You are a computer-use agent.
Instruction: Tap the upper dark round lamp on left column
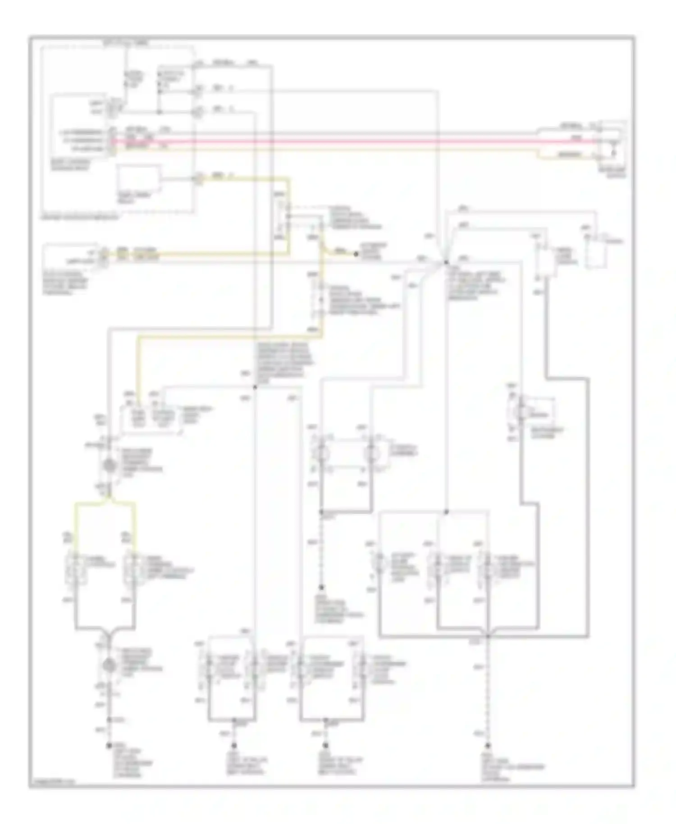tap(110, 466)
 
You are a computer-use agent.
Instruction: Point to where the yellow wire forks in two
tap(108, 500)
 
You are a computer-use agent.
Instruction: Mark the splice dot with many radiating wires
tap(446, 262)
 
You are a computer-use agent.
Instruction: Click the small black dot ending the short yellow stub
tap(356, 254)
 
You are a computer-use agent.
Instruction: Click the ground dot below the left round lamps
tap(109, 746)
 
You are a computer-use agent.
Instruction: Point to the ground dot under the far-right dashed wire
tap(488, 746)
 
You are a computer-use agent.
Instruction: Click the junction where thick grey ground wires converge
tap(488, 636)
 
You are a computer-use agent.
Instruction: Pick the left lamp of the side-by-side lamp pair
tap(322, 453)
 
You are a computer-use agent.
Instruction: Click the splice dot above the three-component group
tap(446, 512)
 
